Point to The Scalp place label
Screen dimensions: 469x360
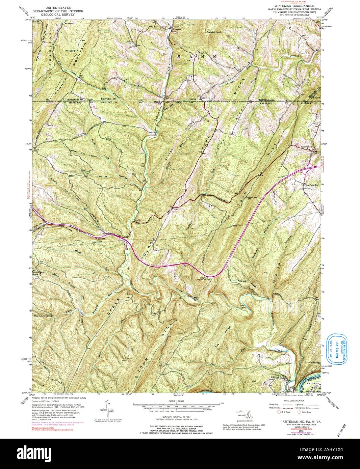click(x=69, y=51)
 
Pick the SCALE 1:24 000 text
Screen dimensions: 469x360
click(x=177, y=401)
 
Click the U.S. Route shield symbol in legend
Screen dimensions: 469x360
click(x=279, y=412)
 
